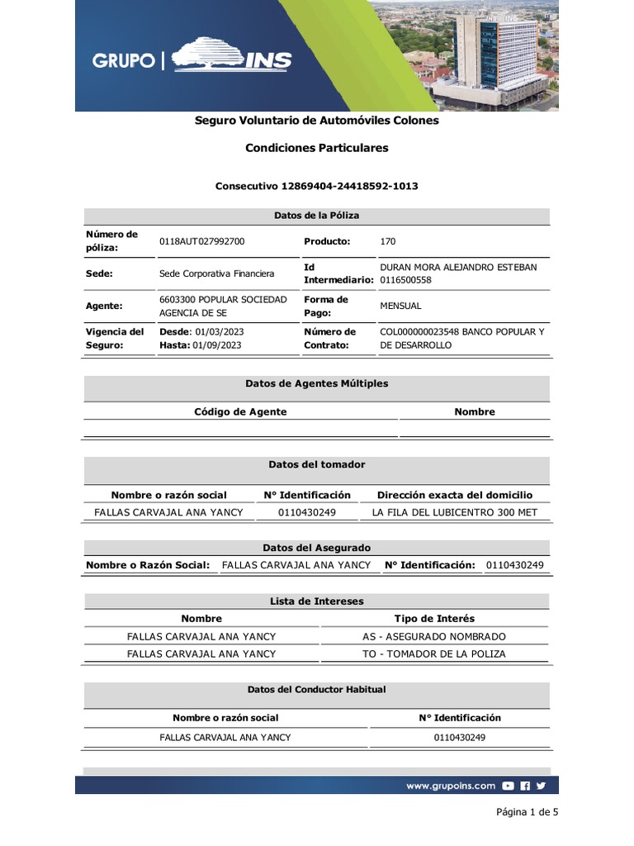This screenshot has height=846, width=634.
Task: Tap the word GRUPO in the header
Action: pyautogui.click(x=124, y=60)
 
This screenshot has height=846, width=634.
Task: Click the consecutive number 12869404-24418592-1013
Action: pyautogui.click(x=349, y=186)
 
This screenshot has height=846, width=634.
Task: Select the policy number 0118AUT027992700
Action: pyautogui.click(x=201, y=241)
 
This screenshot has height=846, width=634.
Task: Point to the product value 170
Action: pyautogui.click(x=387, y=241)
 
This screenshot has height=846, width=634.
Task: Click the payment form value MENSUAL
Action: pyautogui.click(x=400, y=306)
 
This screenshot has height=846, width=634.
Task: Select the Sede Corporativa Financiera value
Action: pyautogui.click(x=216, y=273)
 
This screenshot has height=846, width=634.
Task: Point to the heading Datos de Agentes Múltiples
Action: pyautogui.click(x=316, y=383)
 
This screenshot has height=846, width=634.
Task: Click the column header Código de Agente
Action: pyautogui.click(x=240, y=411)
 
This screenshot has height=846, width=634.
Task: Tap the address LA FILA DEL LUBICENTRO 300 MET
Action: pyautogui.click(x=454, y=512)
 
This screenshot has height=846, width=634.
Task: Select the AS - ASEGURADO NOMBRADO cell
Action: pyautogui.click(x=433, y=636)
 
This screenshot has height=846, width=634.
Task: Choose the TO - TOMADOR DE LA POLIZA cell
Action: pyautogui.click(x=433, y=654)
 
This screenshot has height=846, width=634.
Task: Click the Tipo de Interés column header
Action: pyautogui.click(x=434, y=618)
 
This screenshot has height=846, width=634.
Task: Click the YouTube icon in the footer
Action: pyautogui.click(x=509, y=786)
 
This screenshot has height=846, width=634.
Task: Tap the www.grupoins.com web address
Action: pyautogui.click(x=450, y=786)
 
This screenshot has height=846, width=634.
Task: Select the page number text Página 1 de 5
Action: pyautogui.click(x=527, y=812)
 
